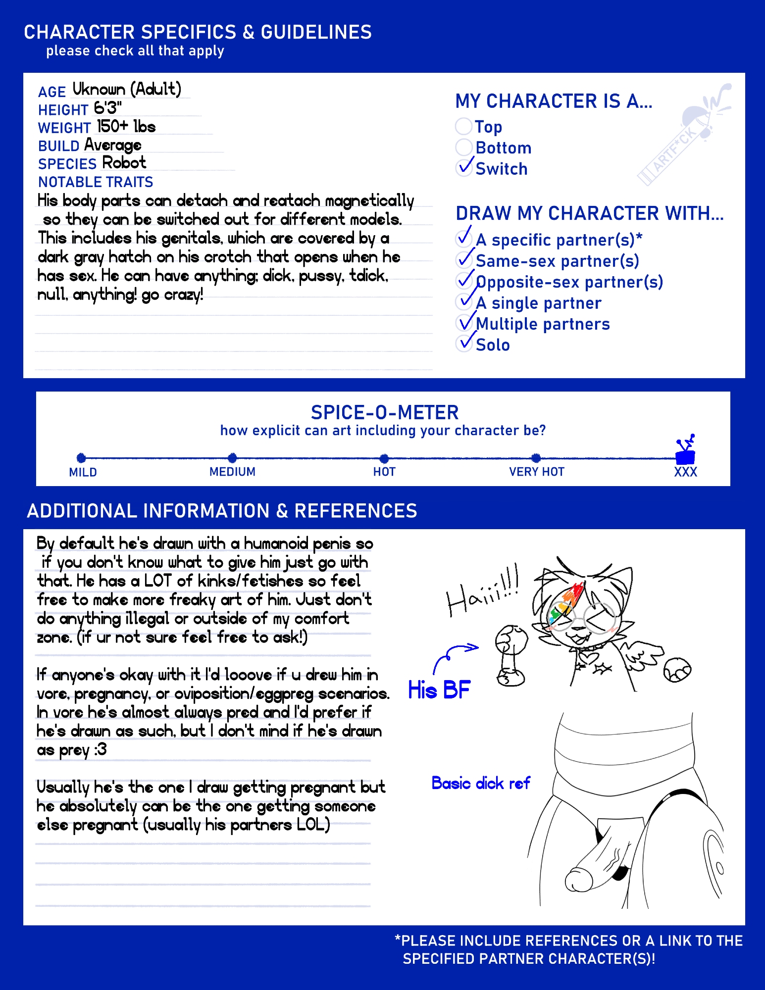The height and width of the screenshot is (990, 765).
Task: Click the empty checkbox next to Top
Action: pos(463,126)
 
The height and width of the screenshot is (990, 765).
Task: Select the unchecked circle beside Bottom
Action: pos(463,148)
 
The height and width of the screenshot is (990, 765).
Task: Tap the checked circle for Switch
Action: pos(463,168)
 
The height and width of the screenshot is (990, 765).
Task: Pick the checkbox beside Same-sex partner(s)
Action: pos(464,259)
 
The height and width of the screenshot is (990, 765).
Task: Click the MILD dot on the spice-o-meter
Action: pos(81,458)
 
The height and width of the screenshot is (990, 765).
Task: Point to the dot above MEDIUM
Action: pos(232,458)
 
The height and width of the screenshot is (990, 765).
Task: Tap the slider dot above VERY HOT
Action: pos(536,458)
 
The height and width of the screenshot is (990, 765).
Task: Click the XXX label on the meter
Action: pos(685,472)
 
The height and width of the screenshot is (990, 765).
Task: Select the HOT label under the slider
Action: pos(384,472)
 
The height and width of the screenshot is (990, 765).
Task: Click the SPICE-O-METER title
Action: pos(384,412)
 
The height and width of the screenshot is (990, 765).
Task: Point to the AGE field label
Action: pos(52,92)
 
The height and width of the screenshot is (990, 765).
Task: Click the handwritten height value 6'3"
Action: pos(107,107)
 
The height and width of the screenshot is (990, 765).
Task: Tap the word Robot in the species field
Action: pos(124,163)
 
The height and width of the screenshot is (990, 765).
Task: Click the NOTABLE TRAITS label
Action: pos(96,182)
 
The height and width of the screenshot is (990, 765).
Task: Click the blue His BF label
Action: pos(439,690)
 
